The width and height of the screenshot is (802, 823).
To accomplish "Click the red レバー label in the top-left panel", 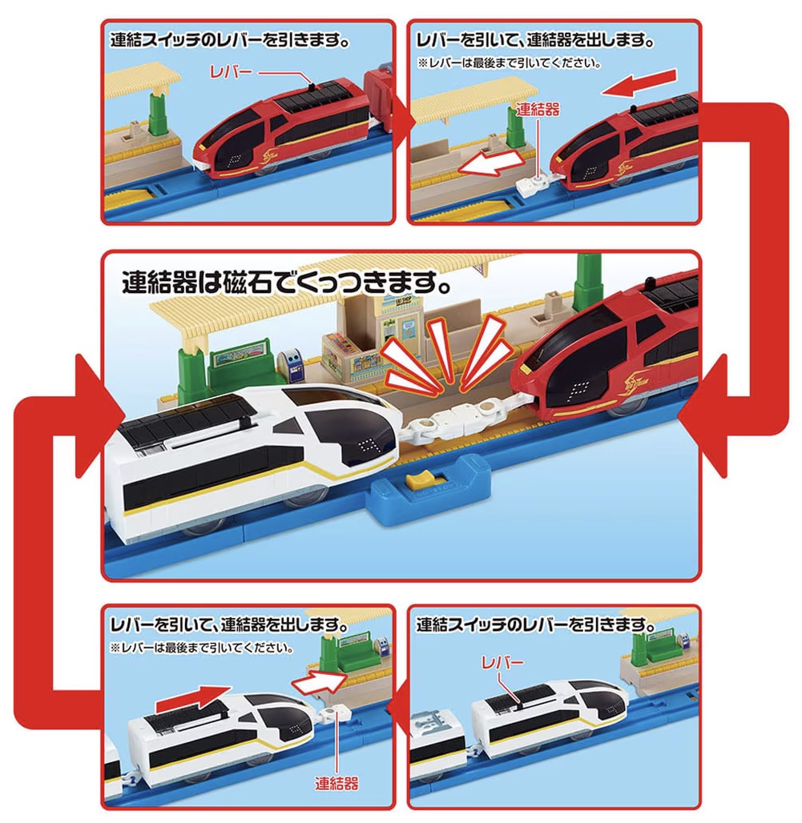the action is (x=231, y=72).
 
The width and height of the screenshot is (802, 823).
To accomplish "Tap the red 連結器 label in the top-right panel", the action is (x=538, y=109).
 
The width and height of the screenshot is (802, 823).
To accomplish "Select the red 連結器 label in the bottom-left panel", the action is (x=337, y=784).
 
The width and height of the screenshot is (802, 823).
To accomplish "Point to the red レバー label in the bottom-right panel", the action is (x=502, y=663).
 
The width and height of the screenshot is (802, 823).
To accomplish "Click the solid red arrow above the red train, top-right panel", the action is (x=639, y=82).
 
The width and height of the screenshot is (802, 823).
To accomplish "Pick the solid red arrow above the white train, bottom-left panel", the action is (x=194, y=697).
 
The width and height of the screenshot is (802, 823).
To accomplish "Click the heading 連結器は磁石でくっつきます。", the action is (x=287, y=283).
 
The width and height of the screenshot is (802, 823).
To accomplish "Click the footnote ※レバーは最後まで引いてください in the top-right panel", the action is (x=510, y=63).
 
